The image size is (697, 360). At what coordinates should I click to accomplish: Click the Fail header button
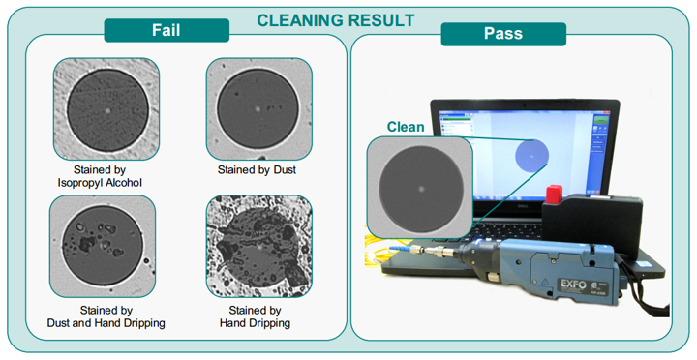click(x=167, y=30)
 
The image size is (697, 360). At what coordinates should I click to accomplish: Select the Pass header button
click(x=502, y=34)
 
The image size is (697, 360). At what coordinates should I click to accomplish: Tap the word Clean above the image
click(x=406, y=126)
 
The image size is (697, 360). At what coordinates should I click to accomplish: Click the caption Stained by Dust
click(x=257, y=169)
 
